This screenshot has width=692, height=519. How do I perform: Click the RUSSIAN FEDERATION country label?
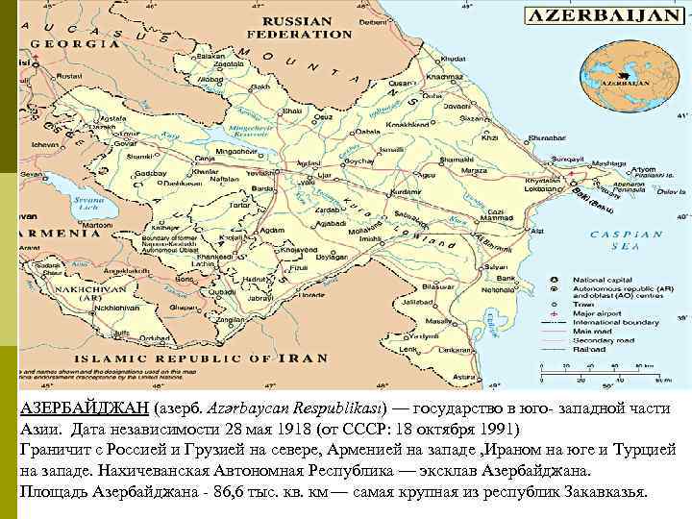click(x=299, y=27)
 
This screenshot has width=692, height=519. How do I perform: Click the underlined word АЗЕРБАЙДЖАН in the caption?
click(x=83, y=408)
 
